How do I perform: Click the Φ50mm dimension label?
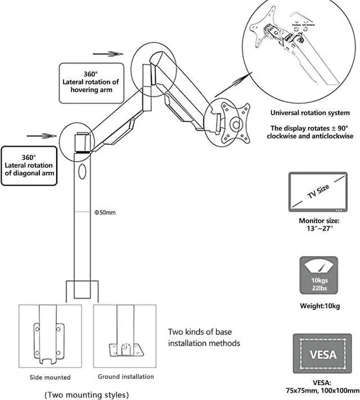(105, 212)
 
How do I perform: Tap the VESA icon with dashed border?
(322, 353)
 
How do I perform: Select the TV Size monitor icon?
(318, 192)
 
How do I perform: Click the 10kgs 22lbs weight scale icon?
(319, 275)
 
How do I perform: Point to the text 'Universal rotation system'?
(310, 113)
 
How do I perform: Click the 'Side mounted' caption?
(50, 377)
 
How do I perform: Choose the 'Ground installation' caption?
(126, 376)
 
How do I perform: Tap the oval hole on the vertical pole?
(82, 172)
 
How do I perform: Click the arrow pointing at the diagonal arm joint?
(42, 136)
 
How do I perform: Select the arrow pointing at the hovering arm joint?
(108, 54)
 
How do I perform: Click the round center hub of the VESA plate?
(236, 125)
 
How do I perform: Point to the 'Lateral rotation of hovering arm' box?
(92, 83)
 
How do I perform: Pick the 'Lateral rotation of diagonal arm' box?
(29, 165)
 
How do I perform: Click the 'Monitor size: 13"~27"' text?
(319, 224)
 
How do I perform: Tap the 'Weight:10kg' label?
(319, 305)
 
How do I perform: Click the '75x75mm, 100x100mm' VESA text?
(322, 390)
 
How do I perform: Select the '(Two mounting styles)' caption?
(87, 394)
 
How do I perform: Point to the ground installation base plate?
(125, 350)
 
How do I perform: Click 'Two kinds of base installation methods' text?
(204, 337)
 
